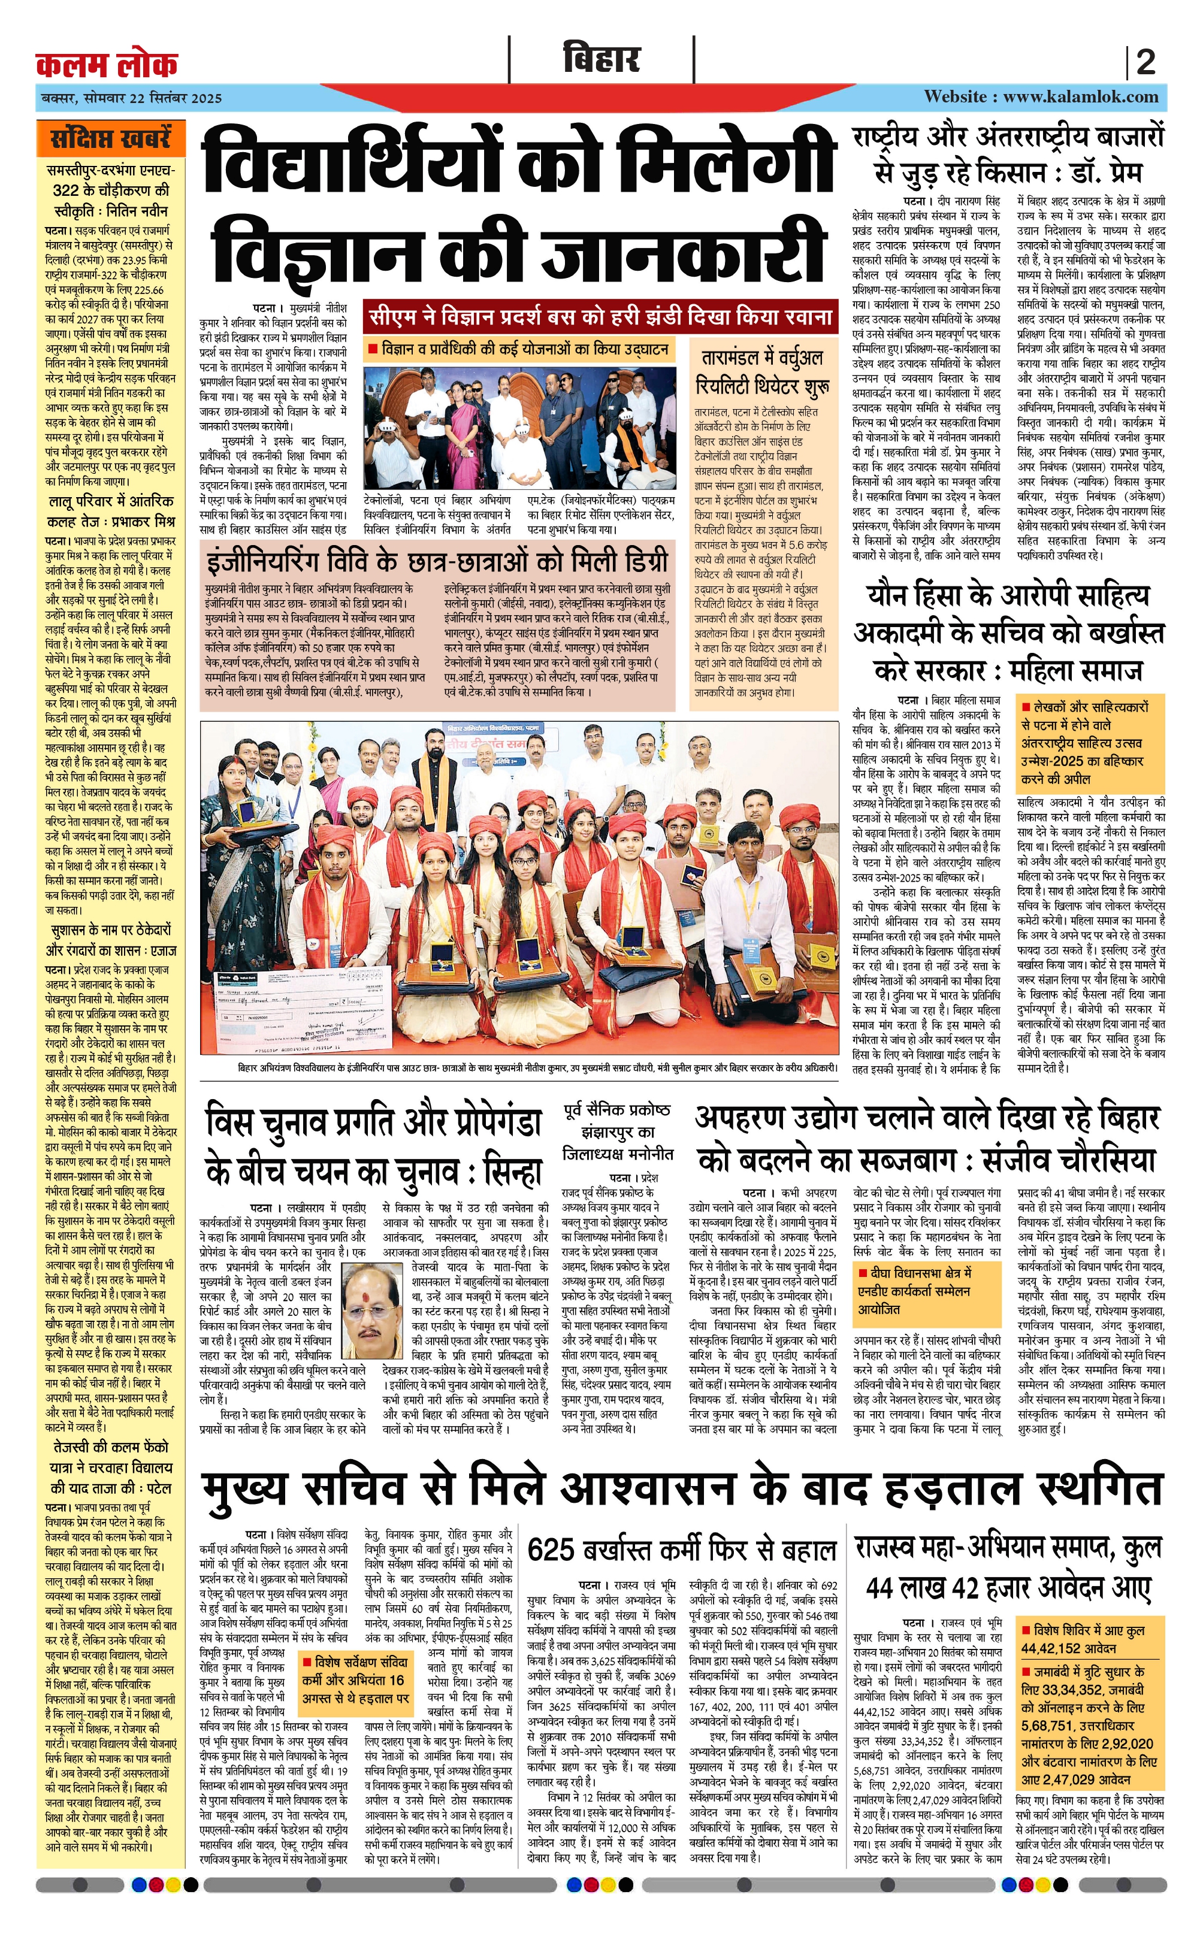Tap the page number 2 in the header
click(x=1145, y=63)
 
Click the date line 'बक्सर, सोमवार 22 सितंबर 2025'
click(x=132, y=98)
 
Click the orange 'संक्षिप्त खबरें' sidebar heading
click(x=111, y=138)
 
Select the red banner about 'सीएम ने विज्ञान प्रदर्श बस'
click(x=601, y=316)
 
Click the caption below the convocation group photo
click(x=537, y=1068)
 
